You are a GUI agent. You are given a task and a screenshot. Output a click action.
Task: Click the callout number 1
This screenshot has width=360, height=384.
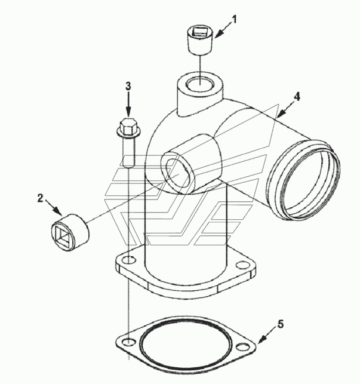coord(234,20)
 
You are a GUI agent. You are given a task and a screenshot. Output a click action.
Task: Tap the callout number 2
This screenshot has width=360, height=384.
coord(40,198)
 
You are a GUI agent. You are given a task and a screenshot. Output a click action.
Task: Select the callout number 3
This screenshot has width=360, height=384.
coord(128,86)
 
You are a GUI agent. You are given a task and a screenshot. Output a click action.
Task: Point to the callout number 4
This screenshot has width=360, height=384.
coord(297,97)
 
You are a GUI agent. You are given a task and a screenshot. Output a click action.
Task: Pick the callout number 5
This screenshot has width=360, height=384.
coord(281,324)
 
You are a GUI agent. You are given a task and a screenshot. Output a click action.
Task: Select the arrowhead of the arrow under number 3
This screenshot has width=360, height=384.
coord(128,112)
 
